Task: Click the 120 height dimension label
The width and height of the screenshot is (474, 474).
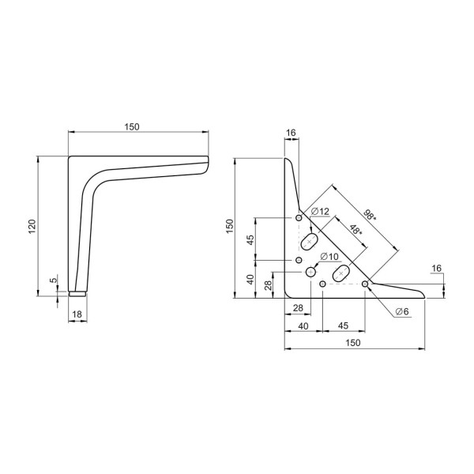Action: point(32,226)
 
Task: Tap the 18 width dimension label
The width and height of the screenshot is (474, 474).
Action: point(77,314)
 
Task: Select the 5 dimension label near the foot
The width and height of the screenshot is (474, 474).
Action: point(53,280)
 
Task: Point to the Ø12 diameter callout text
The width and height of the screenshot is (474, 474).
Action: point(320,211)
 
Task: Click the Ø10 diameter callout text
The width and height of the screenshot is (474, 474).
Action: point(329,257)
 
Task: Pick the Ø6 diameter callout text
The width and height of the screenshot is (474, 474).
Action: point(402,311)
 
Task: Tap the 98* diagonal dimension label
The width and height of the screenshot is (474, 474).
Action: point(370,215)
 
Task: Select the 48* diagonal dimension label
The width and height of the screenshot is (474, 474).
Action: point(355,231)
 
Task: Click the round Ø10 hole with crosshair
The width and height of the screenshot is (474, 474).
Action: point(310,273)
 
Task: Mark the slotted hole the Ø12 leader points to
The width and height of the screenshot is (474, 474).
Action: point(309,242)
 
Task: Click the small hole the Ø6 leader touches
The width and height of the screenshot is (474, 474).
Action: point(365,284)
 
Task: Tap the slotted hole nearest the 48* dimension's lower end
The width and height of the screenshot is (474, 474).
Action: point(341,273)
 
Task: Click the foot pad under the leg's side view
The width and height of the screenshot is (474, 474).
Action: point(77,294)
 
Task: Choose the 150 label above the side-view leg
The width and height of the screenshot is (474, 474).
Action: point(132,127)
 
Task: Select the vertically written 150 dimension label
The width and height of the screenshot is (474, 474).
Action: point(230,226)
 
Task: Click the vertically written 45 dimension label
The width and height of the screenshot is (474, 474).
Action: point(250,240)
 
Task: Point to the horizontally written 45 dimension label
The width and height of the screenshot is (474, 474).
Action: point(343,325)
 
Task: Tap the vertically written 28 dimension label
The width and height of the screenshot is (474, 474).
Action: point(268,285)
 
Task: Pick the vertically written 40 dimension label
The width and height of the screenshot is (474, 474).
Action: point(250,280)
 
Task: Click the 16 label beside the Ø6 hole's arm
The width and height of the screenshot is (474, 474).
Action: point(436,268)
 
